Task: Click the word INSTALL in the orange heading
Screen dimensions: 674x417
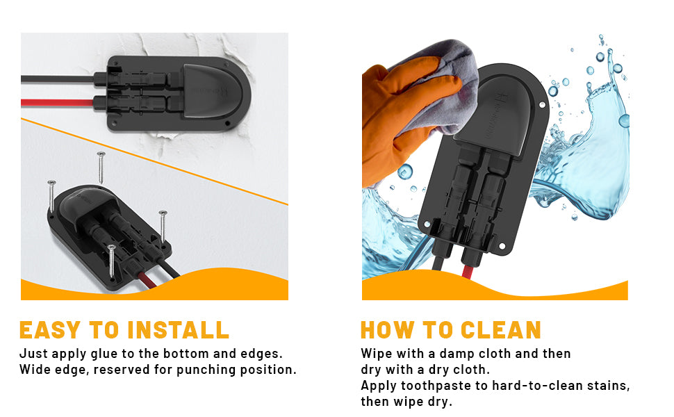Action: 179,330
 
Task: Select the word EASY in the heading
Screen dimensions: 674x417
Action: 50,330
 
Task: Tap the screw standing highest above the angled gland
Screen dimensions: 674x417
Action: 101,167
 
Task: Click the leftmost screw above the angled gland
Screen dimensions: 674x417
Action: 51,196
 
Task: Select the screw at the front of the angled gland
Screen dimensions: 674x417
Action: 111,261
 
